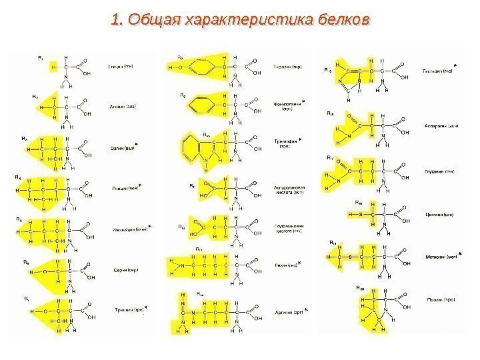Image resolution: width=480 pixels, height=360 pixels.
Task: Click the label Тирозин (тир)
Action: pos(288,67)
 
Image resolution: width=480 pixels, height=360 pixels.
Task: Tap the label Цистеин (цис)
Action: pos(439,215)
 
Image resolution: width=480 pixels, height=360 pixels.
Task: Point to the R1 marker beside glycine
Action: pos(41,59)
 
